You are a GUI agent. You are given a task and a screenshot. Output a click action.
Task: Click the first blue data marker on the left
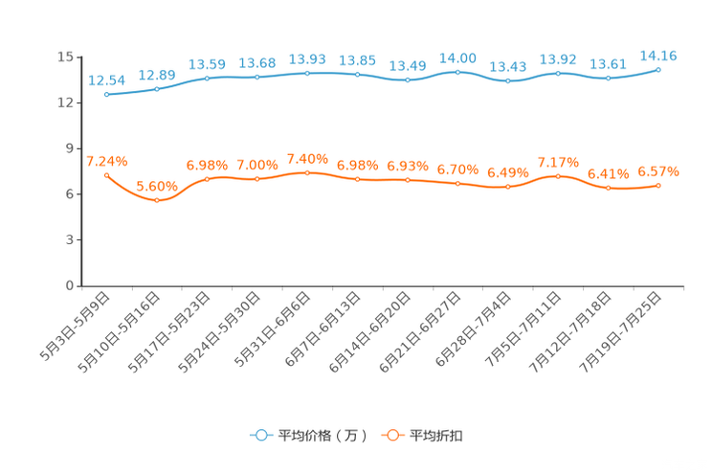click(106, 95)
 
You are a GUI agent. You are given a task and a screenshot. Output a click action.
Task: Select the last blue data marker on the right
click(659, 69)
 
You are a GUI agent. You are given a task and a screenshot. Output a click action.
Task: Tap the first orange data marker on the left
click(106, 174)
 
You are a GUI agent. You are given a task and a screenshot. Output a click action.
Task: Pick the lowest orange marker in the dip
click(157, 200)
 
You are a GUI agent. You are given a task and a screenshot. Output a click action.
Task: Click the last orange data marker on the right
click(659, 185)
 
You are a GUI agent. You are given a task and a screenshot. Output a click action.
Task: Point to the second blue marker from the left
click(157, 89)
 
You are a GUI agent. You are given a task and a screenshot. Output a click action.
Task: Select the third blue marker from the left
click(207, 78)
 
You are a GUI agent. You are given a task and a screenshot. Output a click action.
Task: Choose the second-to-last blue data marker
click(609, 78)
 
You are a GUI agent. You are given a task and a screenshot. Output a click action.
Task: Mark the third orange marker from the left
click(207, 179)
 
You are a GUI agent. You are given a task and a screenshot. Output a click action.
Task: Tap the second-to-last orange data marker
click(609, 188)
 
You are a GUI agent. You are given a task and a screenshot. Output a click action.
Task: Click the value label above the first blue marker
click(106, 79)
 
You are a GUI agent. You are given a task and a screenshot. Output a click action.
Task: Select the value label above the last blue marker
click(659, 56)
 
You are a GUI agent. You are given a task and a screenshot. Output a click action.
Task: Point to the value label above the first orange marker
click(106, 160)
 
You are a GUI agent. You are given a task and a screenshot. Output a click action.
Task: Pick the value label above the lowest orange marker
click(155, 185)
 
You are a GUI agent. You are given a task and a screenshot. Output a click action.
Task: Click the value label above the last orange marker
click(659, 171)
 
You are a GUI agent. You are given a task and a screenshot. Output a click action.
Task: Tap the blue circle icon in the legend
click(260, 435)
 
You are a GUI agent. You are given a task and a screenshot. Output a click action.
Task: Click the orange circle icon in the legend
click(392, 435)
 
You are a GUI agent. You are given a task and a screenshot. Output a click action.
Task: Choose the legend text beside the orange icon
click(438, 436)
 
